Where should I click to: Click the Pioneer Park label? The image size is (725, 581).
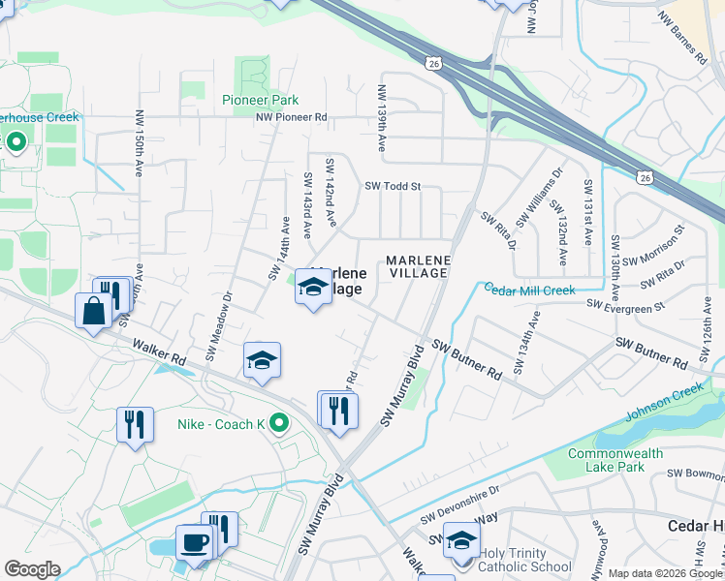[x=260, y=100]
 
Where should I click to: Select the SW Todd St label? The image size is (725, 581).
[x=393, y=186]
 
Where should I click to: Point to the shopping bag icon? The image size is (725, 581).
[x=94, y=312]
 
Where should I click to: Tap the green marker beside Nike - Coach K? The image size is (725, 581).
[x=279, y=423]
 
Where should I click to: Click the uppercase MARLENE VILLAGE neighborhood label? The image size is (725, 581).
[x=417, y=266]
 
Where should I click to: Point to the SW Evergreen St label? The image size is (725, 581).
[x=625, y=305]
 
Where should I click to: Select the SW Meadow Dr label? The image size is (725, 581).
[x=218, y=327]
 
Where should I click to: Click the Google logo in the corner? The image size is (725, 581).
[x=32, y=568]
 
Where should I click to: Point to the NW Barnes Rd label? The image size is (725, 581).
[x=682, y=39]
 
